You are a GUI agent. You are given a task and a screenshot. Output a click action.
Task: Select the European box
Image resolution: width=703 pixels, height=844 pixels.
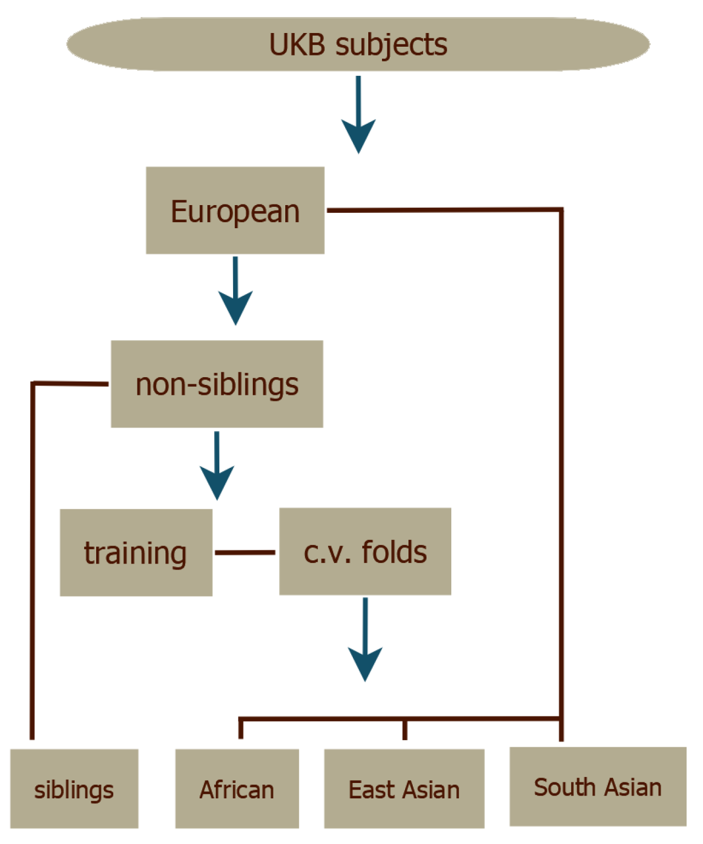tap(235, 211)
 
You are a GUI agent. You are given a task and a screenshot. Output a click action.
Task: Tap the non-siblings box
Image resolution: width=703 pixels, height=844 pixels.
tap(217, 384)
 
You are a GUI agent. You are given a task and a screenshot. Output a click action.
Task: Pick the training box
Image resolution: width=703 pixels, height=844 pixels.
tap(136, 552)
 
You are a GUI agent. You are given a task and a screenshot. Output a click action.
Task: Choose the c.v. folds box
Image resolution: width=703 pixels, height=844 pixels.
tap(365, 551)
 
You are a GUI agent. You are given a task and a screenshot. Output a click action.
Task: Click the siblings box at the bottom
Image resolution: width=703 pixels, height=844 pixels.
tap(74, 788)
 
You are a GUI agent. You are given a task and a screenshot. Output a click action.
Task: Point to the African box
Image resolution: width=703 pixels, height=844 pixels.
tap(237, 788)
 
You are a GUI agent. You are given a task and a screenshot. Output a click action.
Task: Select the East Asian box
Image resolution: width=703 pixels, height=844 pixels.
tap(404, 788)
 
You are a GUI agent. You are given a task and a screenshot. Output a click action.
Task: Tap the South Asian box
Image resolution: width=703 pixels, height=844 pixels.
tap(597, 786)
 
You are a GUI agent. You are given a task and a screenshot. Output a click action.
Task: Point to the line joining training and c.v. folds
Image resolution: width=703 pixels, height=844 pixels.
tap(245, 552)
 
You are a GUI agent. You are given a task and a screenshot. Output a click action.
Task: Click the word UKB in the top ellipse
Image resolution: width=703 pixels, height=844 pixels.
tap(297, 45)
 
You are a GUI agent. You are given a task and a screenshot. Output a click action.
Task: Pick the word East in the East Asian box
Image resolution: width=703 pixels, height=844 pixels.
tap(370, 790)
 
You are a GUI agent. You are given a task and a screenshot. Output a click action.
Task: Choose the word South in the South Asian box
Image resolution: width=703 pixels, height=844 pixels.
tap(563, 787)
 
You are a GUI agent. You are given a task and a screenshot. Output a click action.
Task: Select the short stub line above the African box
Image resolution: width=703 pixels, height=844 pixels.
tap(241, 728)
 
